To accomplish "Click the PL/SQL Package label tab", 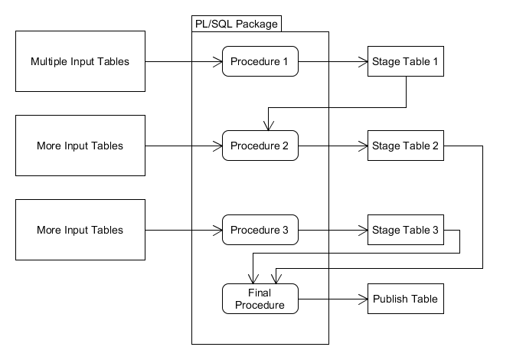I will tap(235, 24).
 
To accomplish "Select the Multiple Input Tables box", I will tap(80, 61).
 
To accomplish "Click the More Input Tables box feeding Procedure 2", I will tap(80, 146).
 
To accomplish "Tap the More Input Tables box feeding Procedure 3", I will tap(80, 230).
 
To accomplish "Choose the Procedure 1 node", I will tap(260, 61).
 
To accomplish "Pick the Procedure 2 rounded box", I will tap(260, 146).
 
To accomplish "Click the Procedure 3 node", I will tap(260, 230).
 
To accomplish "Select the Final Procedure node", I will tap(260, 299).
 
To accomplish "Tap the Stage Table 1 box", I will tap(405, 61).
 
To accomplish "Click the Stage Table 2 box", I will tap(405, 146).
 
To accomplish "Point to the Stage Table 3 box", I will tap(405, 230).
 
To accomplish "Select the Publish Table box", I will tap(405, 299).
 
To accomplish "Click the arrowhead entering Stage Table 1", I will tap(363, 61).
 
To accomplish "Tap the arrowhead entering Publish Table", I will tap(363, 299).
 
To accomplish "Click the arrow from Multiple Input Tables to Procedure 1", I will tap(180, 61).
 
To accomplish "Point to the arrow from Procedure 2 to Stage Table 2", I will tap(329, 146).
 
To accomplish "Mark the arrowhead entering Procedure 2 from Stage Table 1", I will tap(266, 126).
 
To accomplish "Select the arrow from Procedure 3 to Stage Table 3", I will tap(329, 230).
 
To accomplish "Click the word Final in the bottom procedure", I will tap(260, 293).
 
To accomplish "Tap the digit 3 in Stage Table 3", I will tap(435, 230).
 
